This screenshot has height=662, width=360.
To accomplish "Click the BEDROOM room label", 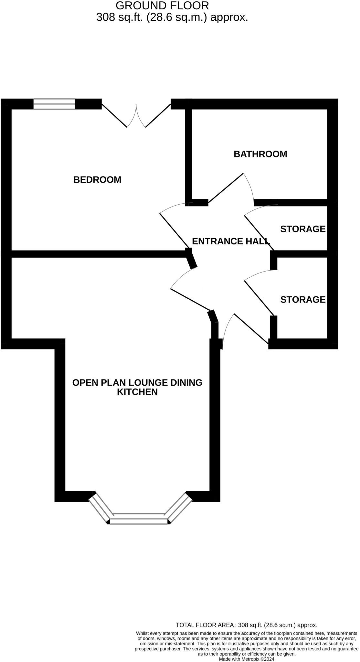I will [x=97, y=180].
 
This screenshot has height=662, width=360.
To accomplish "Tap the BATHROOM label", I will [x=260, y=154].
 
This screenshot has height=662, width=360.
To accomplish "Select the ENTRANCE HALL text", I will [x=231, y=241].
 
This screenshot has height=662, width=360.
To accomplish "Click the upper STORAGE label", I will [x=303, y=229].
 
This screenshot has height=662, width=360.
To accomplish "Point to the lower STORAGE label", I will [x=303, y=300].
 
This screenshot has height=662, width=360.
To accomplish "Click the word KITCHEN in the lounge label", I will [x=137, y=392].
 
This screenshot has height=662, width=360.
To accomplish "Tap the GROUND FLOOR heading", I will [x=162, y=5].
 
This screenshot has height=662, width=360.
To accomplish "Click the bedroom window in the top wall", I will [x=54, y=104].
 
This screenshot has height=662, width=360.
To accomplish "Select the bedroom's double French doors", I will [x=136, y=115].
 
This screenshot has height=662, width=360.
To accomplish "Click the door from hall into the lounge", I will [x=191, y=299].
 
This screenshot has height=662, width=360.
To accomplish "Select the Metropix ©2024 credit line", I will [x=247, y=659].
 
